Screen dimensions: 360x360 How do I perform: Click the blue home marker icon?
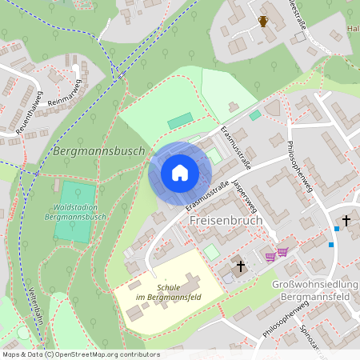coord(180,173)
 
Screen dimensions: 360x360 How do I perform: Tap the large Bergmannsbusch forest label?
coord(98,150)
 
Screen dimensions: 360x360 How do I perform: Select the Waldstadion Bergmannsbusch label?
coord(71,211)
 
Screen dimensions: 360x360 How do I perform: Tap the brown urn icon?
coord(263,22)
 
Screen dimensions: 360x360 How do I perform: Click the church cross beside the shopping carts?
coord(241,265)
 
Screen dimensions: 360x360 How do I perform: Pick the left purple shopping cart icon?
coord(270,256)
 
